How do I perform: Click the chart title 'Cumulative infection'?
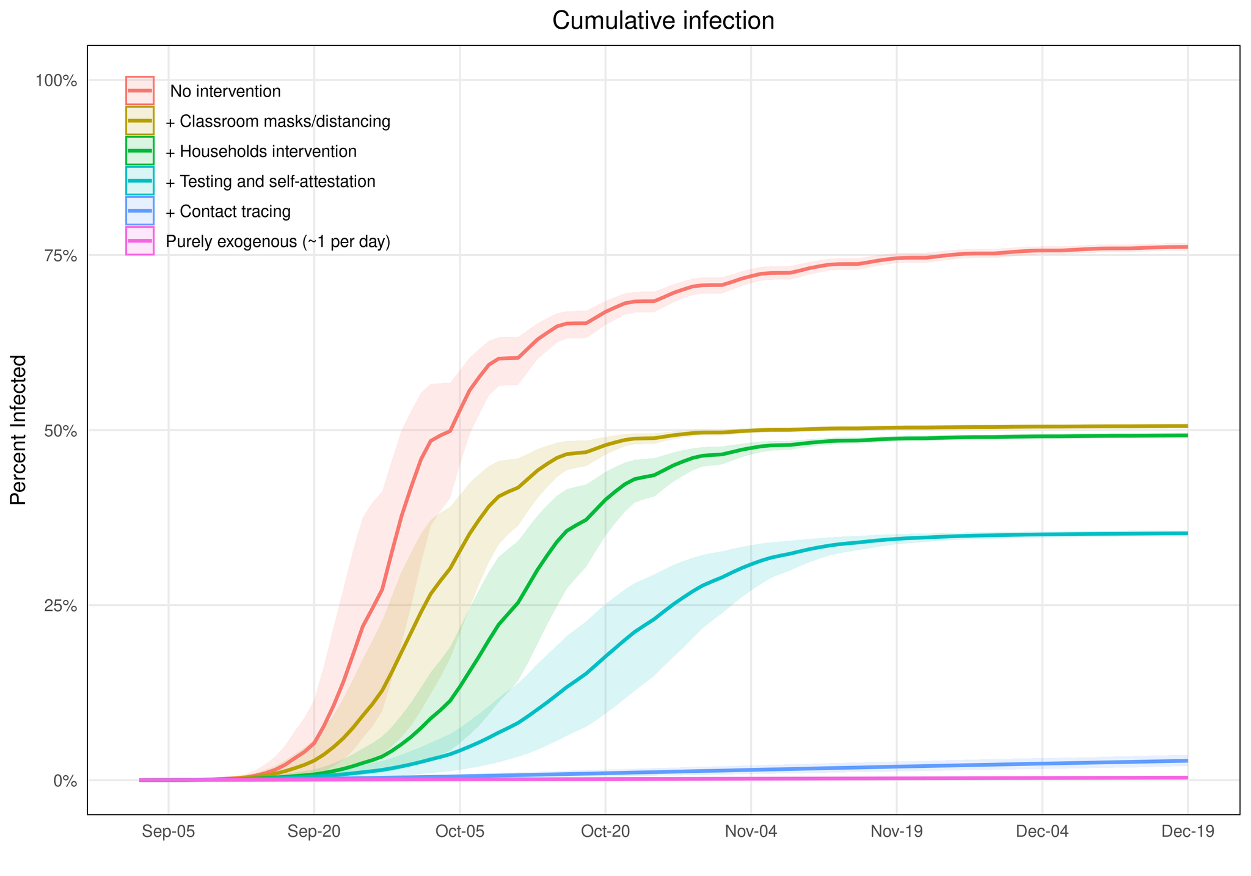tap(663, 21)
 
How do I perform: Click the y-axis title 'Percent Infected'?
tap(19, 429)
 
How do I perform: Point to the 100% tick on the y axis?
tap(60, 81)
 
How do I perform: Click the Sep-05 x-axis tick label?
tap(169, 832)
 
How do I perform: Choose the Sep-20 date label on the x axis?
tap(314, 832)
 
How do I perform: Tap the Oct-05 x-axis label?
tap(459, 832)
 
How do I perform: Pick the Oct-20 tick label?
tap(605, 832)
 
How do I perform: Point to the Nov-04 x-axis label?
tap(751, 832)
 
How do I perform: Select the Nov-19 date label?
tap(896, 832)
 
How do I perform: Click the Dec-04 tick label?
tap(1041, 832)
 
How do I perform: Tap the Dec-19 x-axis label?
tap(1187, 832)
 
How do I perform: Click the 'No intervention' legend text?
tap(225, 92)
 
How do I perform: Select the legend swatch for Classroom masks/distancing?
tap(140, 121)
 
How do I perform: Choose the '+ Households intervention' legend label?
tap(261, 151)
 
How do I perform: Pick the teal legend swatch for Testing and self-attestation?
tap(140, 181)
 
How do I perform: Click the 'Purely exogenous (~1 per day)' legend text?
tap(278, 242)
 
